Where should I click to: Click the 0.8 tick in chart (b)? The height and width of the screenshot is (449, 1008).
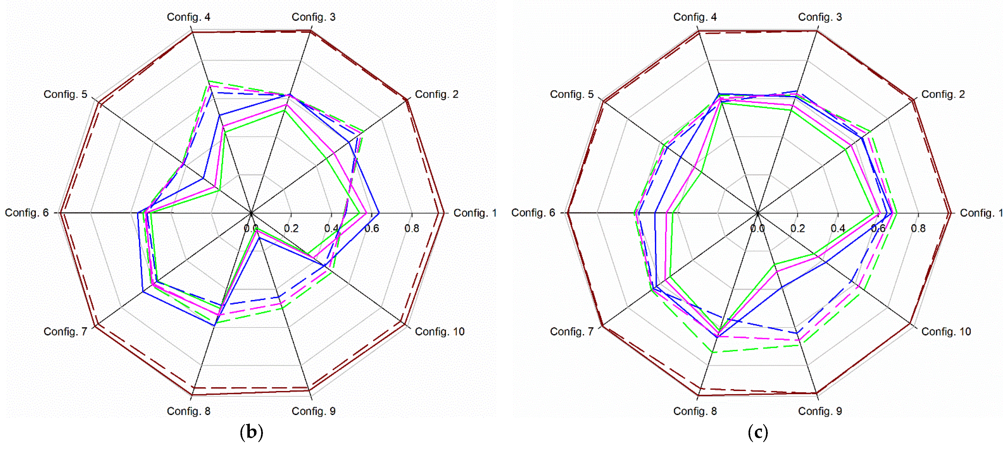[412, 228]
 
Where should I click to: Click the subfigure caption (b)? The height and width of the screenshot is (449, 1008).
[251, 432]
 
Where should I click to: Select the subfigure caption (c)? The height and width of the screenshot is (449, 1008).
[758, 432]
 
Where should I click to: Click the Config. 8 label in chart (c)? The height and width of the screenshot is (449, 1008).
[695, 411]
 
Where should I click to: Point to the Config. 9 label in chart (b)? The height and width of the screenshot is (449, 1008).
[314, 411]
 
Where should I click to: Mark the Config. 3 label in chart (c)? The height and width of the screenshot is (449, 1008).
[820, 17]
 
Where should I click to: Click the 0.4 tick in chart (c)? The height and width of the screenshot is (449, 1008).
[838, 228]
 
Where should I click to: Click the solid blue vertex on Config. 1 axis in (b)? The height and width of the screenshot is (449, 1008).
[379, 213]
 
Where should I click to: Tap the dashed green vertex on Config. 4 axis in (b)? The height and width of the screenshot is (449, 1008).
[209, 81]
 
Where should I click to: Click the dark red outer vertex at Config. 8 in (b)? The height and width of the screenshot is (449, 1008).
[192, 395]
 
